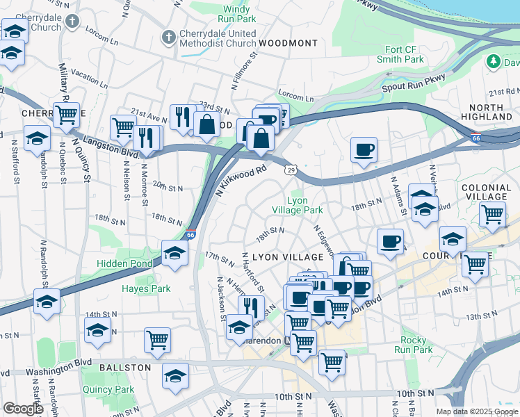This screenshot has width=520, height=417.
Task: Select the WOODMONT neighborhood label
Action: (x=288, y=43)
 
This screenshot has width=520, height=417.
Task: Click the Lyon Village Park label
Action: (x=297, y=205)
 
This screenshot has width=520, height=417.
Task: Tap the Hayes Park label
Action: (x=146, y=288)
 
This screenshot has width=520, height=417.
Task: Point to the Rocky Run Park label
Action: (x=416, y=345)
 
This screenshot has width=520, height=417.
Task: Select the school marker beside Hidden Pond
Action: (x=174, y=254)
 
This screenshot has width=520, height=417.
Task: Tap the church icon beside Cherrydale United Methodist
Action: (x=168, y=36)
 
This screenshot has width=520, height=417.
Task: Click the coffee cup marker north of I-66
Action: (x=364, y=150)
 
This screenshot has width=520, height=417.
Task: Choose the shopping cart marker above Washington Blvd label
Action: (x=157, y=340)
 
